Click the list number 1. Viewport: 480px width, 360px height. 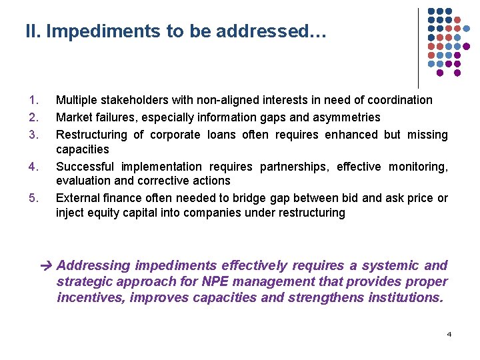point(34,100)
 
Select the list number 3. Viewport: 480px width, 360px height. point(34,135)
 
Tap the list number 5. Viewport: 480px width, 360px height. point(34,198)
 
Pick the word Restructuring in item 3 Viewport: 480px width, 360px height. point(91,135)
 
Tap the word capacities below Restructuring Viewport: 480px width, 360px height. point(82,149)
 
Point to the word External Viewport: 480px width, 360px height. point(77,198)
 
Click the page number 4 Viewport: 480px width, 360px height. point(449,333)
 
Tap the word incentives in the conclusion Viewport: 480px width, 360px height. point(91,297)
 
